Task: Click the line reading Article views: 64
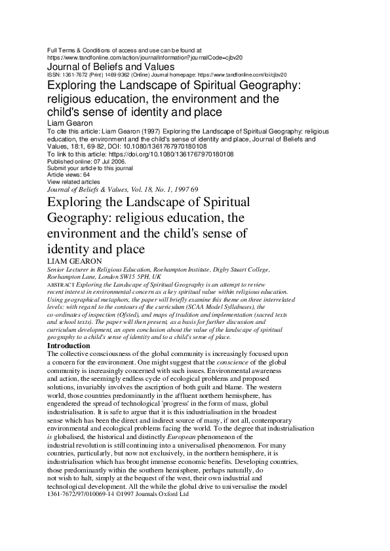(69, 175)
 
